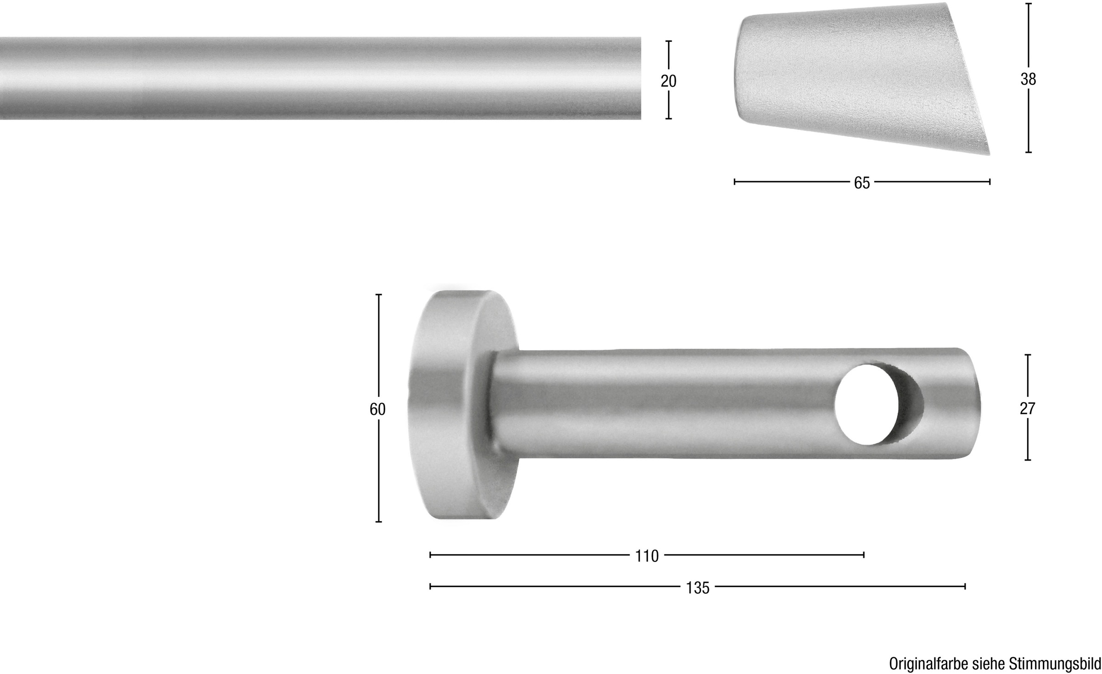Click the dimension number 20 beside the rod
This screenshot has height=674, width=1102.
[669, 81]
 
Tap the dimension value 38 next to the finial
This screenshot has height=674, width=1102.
[1028, 79]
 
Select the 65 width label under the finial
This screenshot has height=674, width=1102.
[862, 183]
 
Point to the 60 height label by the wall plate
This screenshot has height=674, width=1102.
[377, 409]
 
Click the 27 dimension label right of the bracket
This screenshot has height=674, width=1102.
[1027, 408]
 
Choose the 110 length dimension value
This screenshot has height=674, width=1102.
[647, 556]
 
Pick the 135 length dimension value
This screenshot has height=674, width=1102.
[697, 588]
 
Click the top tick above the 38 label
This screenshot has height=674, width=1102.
[1028, 4]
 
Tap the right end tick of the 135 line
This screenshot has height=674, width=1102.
[965, 586]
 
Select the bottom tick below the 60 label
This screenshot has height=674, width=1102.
[378, 522]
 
